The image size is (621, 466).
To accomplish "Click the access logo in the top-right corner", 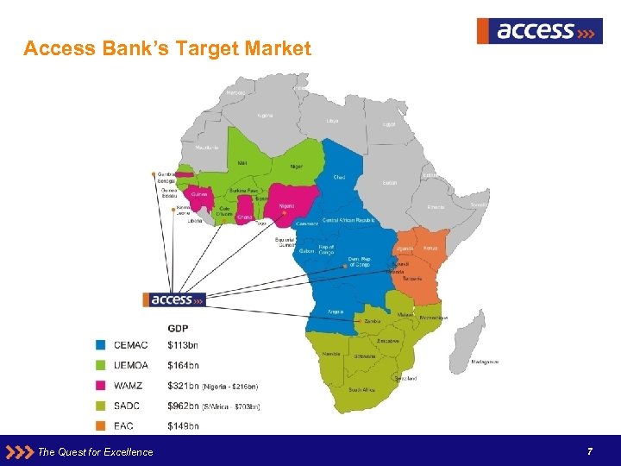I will click(x=539, y=31).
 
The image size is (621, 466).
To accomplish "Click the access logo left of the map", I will click(x=176, y=299).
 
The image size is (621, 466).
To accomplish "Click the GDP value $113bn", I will click(x=183, y=346).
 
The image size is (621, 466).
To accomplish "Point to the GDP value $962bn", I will click(x=183, y=405).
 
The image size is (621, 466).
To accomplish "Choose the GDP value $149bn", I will click(x=183, y=425).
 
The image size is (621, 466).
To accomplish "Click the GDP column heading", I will click(x=178, y=328).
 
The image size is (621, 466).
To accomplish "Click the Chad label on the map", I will click(x=339, y=177).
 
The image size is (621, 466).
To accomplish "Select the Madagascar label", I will click(x=484, y=362).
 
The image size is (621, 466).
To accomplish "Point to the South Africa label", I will click(x=361, y=390).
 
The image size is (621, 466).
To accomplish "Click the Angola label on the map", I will click(x=336, y=311).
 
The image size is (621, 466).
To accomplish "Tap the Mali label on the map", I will click(x=241, y=161).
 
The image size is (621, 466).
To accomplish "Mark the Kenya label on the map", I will click(x=430, y=248).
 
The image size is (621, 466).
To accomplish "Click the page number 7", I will click(x=589, y=451).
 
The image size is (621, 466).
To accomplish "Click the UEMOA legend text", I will click(x=131, y=366).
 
